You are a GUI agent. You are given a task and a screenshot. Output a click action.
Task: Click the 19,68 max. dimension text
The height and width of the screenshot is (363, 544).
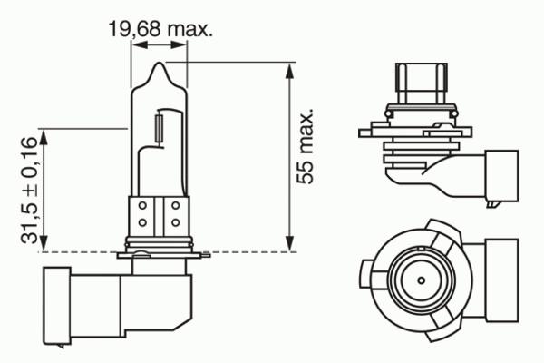pyautogui.click(x=160, y=29)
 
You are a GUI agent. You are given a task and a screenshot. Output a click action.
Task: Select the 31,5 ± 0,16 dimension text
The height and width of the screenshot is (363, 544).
pyautogui.click(x=28, y=190)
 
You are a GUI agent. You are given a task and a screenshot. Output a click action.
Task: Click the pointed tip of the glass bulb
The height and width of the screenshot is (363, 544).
pyautogui.click(x=160, y=63)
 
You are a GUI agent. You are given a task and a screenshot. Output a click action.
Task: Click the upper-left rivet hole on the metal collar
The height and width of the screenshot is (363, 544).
pyautogui.click(x=142, y=206)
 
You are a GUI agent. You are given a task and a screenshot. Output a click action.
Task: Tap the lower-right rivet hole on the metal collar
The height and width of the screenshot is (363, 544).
pyautogui.click(x=176, y=222)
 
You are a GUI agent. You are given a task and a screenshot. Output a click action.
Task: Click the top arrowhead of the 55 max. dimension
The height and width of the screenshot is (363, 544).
pyautogui.click(x=289, y=71)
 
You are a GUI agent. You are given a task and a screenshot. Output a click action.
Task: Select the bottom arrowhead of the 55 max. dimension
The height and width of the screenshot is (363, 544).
pyautogui.click(x=289, y=243)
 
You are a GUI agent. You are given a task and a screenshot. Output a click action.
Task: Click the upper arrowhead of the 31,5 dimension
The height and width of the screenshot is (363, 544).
pyautogui.click(x=43, y=137)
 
